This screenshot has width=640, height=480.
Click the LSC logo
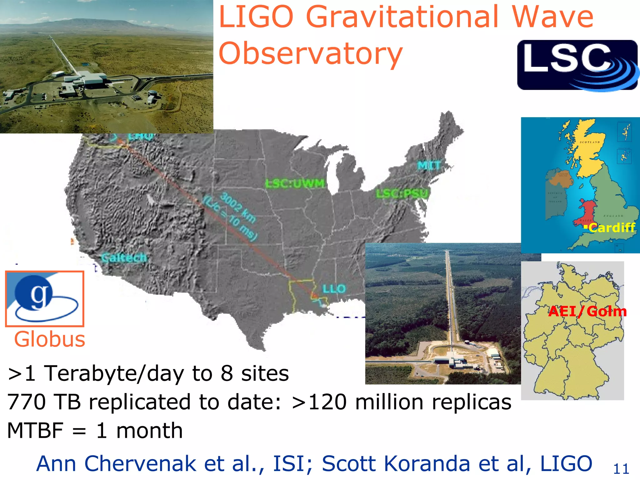pyautogui.click(x=577, y=65)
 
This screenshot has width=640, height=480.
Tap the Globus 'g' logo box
pyautogui.click(x=45, y=299)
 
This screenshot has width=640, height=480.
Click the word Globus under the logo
pyautogui.click(x=50, y=339)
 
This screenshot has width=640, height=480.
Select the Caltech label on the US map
pyautogui.click(x=124, y=258)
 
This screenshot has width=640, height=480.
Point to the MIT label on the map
pyautogui.click(x=429, y=166)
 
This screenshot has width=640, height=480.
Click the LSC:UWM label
pyautogui.click(x=295, y=183)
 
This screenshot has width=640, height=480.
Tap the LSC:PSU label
pyautogui.click(x=402, y=194)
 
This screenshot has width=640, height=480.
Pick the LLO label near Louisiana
pyautogui.click(x=334, y=288)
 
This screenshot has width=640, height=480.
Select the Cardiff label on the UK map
pyautogui.click(x=612, y=227)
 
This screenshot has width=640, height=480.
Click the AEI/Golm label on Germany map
pyautogui.click(x=587, y=311)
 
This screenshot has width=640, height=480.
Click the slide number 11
pyautogui.click(x=621, y=469)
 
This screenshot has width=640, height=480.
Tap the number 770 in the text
pyautogui.click(x=27, y=402)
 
